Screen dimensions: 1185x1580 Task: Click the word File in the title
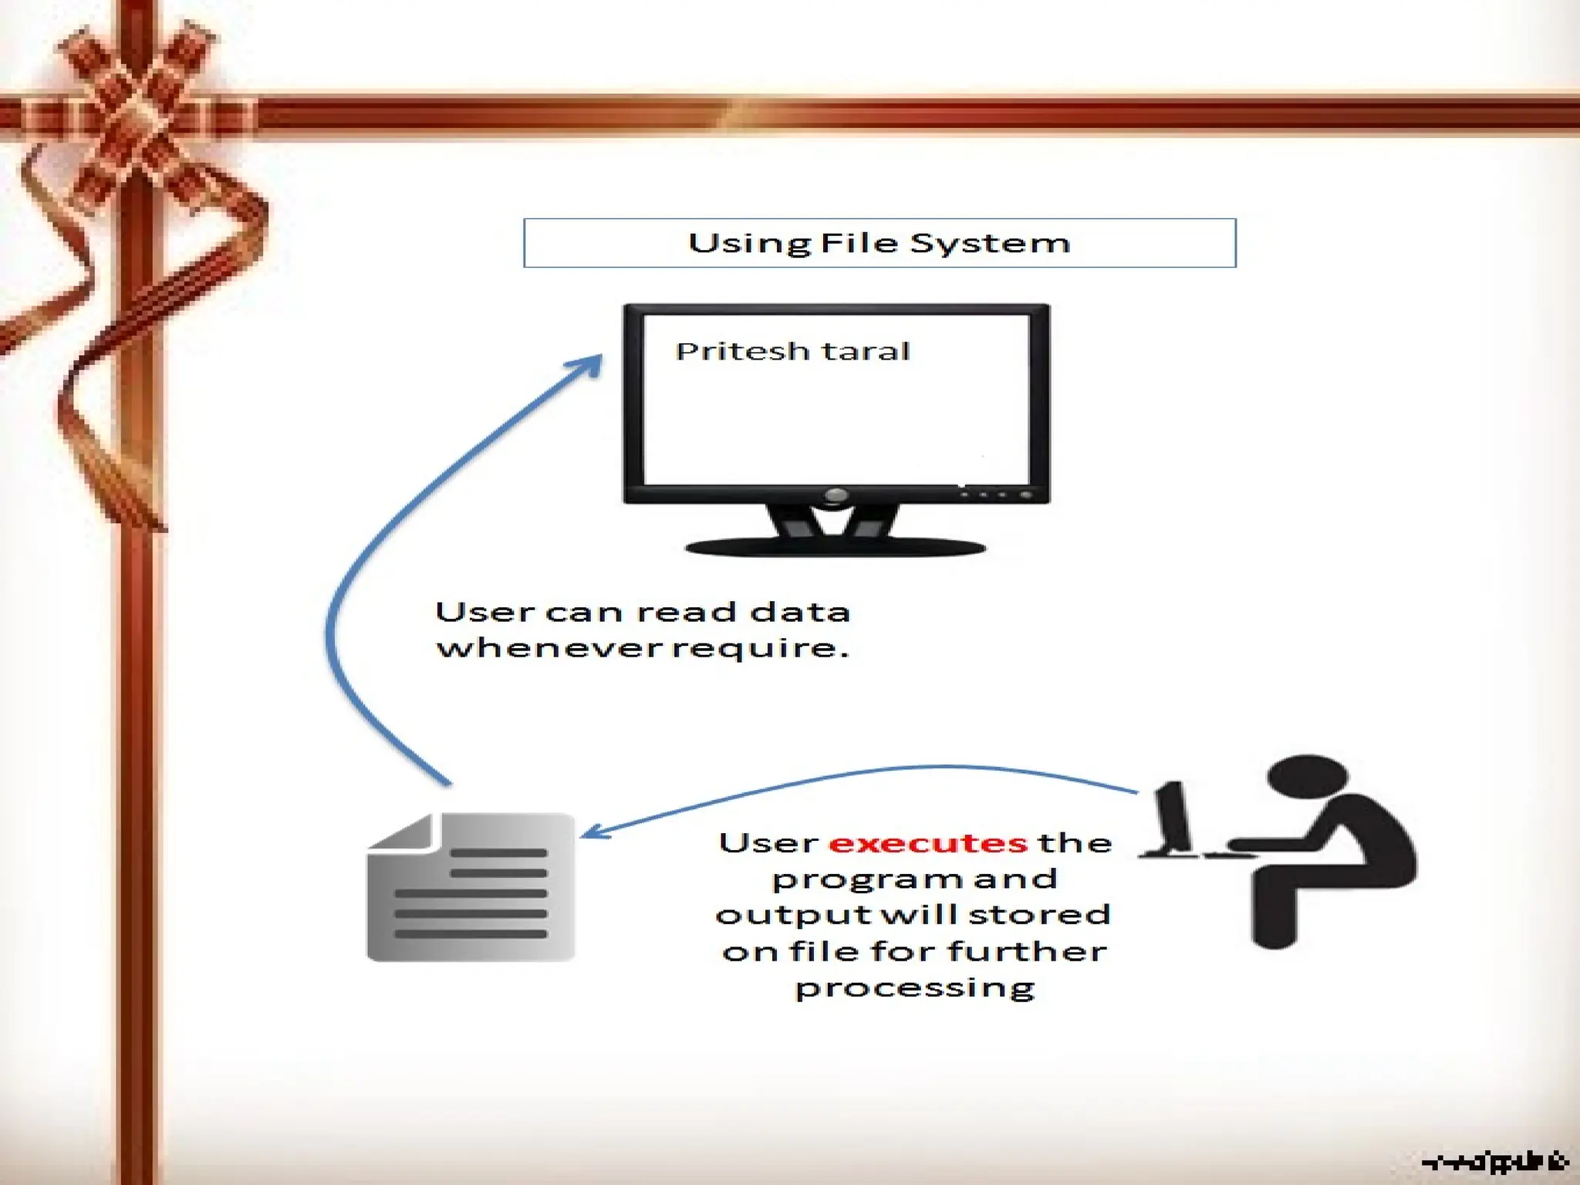[859, 243]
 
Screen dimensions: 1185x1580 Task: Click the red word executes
[928, 842]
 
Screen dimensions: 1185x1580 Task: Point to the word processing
[915, 988]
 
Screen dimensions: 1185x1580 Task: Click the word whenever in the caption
[549, 647]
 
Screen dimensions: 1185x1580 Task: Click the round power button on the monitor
[836, 495]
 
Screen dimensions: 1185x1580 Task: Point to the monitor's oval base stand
[836, 548]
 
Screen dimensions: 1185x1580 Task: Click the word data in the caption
[800, 613]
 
